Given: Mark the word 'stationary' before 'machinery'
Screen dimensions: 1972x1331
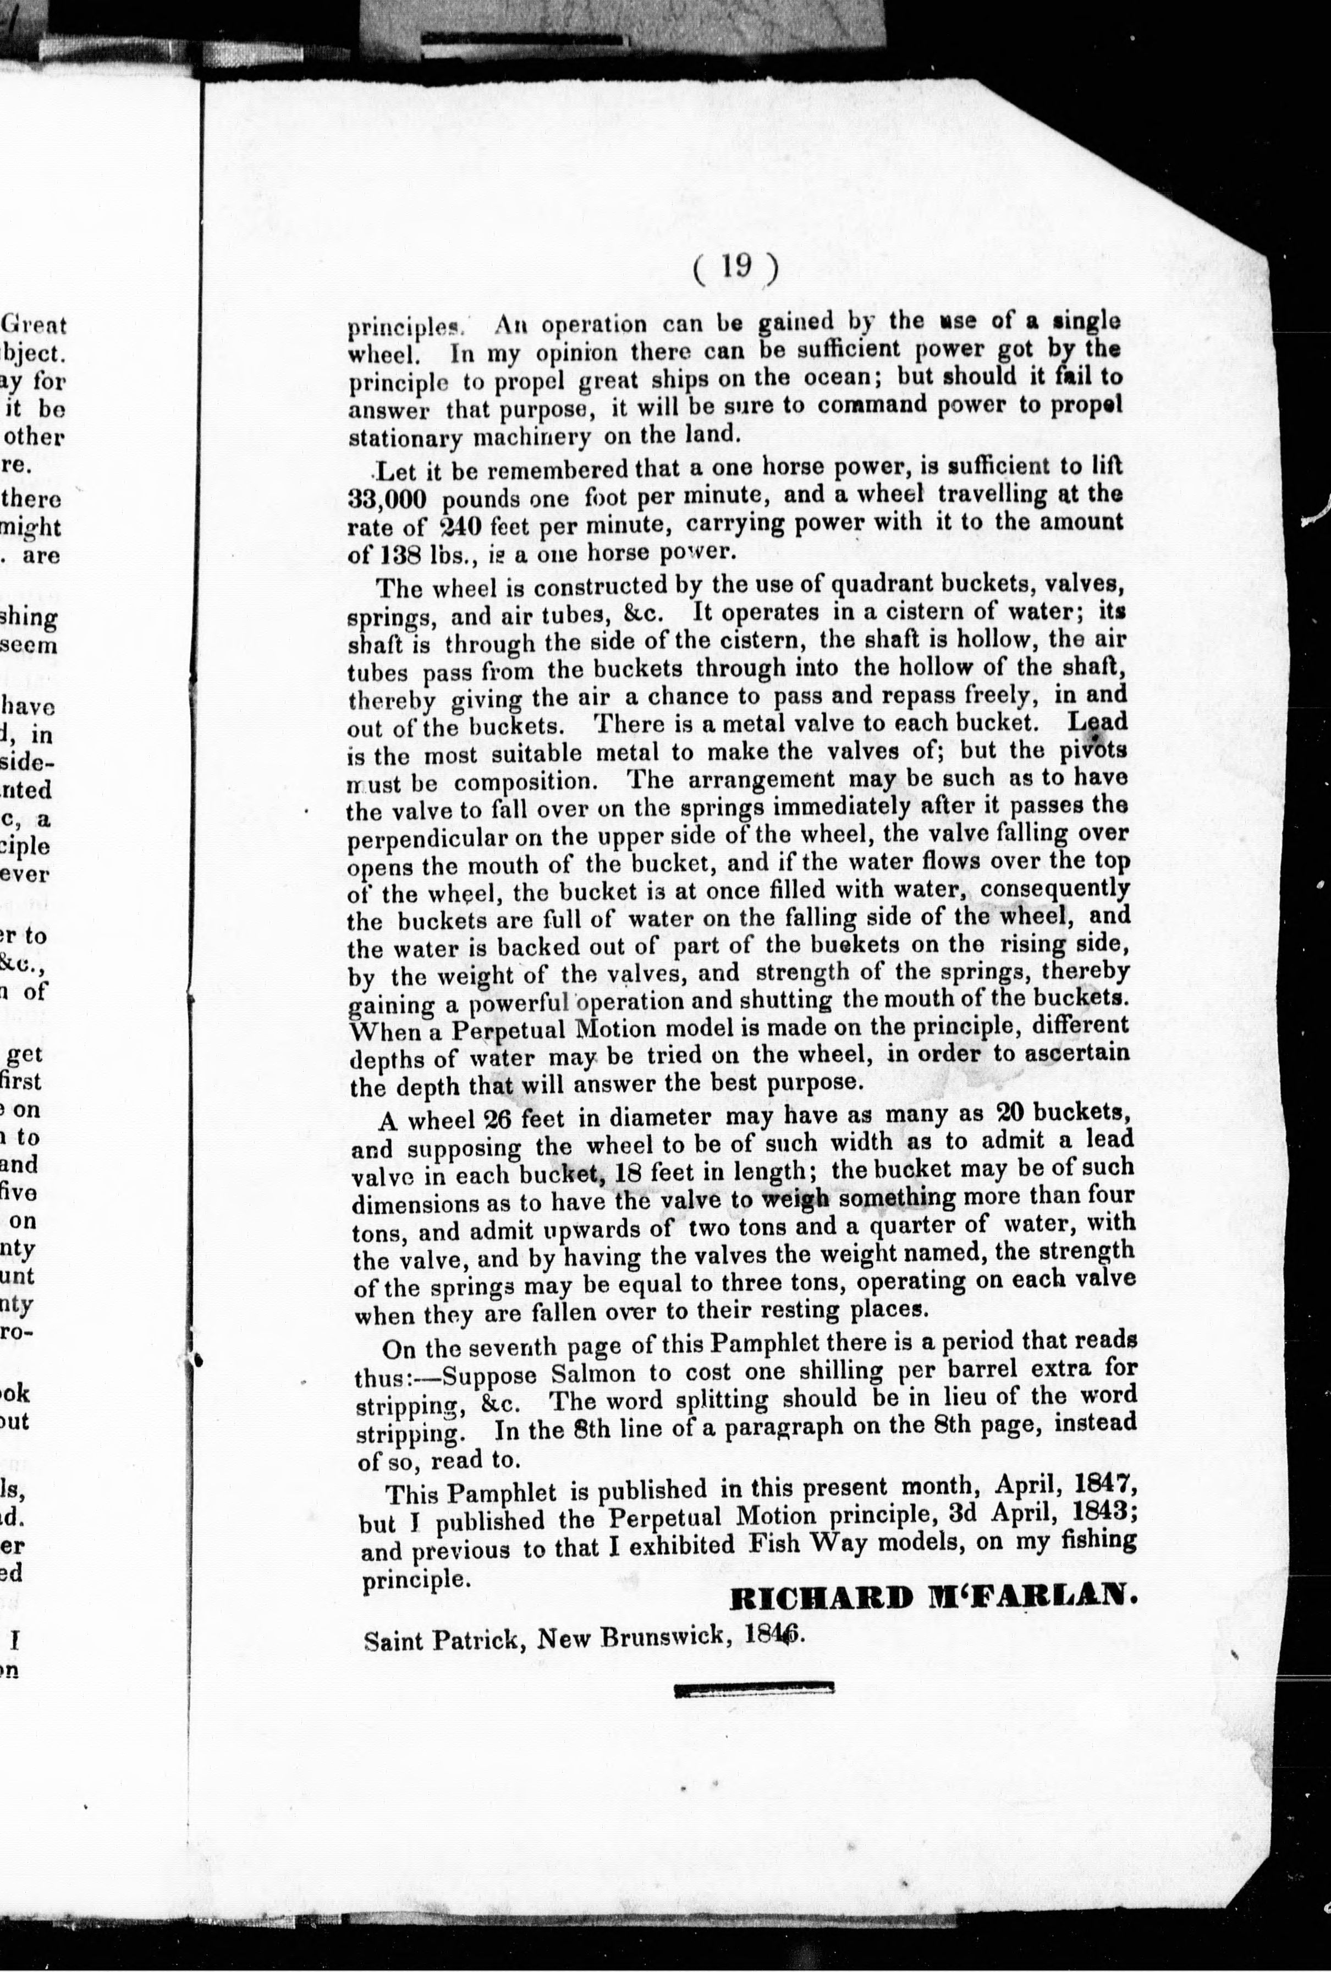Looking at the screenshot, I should (405, 438).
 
